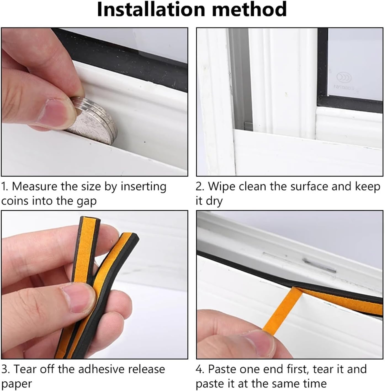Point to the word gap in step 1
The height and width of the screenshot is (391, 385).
pyautogui.click(x=86, y=201)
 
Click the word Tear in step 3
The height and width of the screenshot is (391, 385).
pyautogui.click(x=25, y=369)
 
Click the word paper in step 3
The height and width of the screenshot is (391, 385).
pyautogui.click(x=17, y=384)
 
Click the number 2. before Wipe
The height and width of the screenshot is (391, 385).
pyautogui.click(x=200, y=187)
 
